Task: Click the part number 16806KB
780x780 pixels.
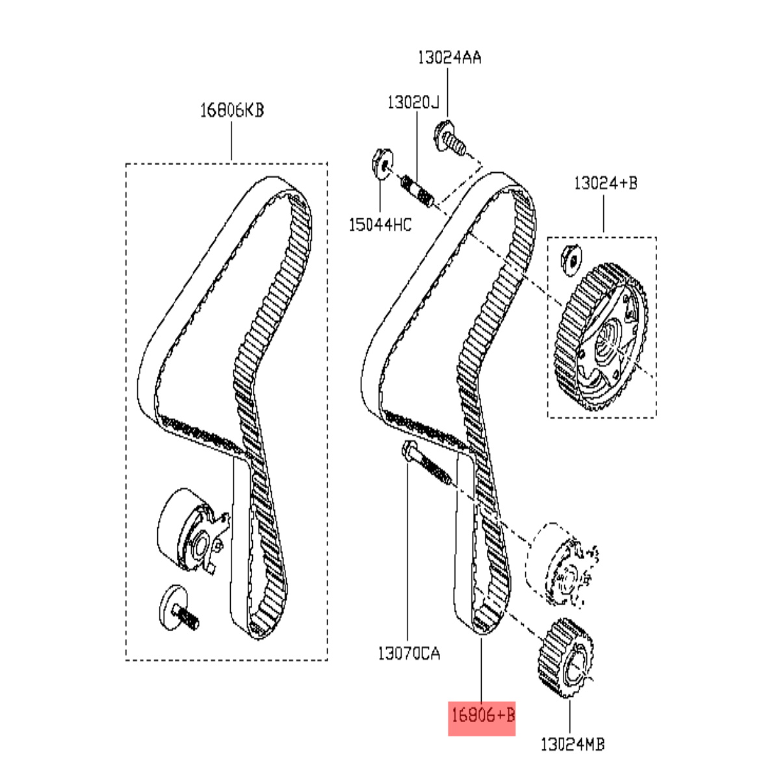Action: (x=232, y=110)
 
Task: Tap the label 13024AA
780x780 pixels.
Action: (x=449, y=57)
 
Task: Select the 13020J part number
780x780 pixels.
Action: (x=413, y=103)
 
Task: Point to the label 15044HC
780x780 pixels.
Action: (x=380, y=225)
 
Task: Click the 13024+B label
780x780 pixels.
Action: (x=606, y=183)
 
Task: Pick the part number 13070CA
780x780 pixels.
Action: (x=409, y=653)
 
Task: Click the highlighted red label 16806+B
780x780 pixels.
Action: (x=482, y=716)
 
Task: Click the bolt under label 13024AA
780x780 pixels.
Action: (x=449, y=138)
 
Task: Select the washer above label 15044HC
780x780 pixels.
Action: (x=382, y=163)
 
